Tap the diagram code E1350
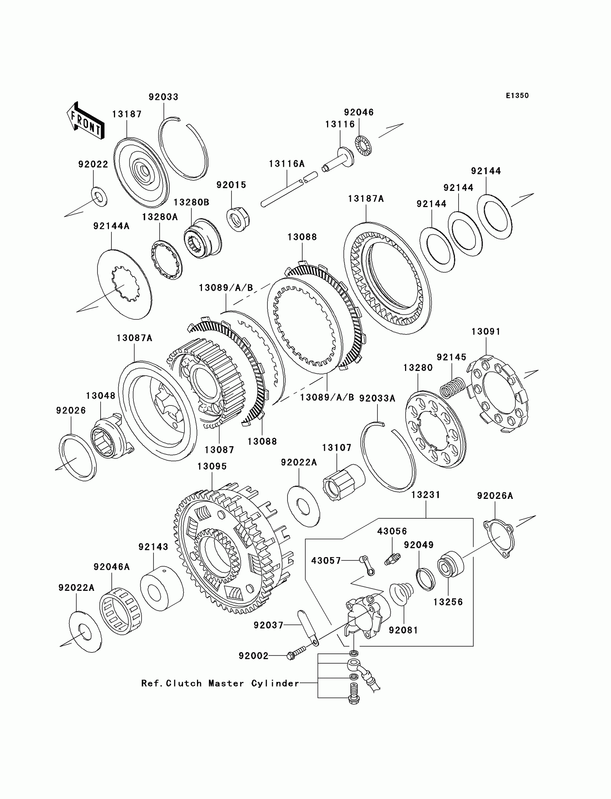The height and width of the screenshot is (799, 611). (x=517, y=96)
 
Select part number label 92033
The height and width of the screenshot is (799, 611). (x=163, y=97)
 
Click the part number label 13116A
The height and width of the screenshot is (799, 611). (x=286, y=164)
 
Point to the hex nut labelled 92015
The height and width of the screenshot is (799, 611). (x=238, y=219)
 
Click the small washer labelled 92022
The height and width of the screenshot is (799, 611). (x=98, y=196)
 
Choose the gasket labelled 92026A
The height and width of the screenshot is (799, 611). (x=499, y=539)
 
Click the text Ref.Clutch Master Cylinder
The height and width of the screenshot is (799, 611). (x=220, y=683)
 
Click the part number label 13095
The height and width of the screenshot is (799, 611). (x=212, y=466)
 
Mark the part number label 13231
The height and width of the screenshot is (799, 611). (x=426, y=495)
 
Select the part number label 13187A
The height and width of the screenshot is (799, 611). (x=366, y=199)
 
